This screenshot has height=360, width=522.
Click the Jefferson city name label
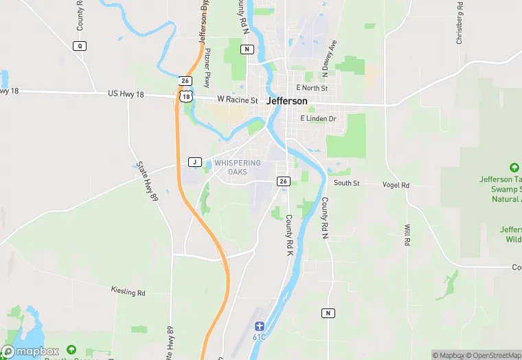(286, 101)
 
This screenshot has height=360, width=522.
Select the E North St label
(312, 88)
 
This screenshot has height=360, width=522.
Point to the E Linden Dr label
(318, 119)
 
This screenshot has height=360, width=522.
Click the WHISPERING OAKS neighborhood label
(238, 167)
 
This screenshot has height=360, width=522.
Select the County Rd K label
(289, 236)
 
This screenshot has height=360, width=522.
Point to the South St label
(347, 183)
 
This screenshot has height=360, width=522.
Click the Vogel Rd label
(396, 185)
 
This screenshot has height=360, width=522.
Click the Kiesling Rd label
(128, 292)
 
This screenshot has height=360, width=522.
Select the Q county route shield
(80, 45)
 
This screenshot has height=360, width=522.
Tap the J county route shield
(194, 162)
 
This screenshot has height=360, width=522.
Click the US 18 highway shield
(185, 97)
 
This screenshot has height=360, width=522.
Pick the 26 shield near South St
(283, 181)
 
